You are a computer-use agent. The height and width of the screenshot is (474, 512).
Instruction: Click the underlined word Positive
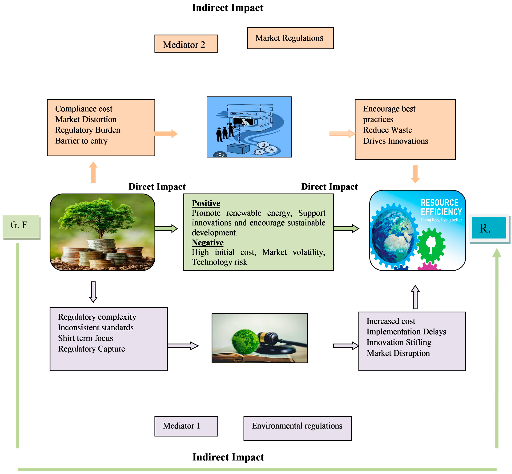(x=206, y=203)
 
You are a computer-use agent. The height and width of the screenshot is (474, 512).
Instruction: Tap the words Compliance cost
(x=84, y=109)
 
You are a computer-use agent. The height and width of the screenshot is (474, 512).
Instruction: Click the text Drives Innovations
(x=395, y=141)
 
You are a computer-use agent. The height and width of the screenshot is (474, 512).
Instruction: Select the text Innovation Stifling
(x=399, y=342)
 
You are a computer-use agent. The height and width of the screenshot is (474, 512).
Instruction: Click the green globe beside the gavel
(x=245, y=341)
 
